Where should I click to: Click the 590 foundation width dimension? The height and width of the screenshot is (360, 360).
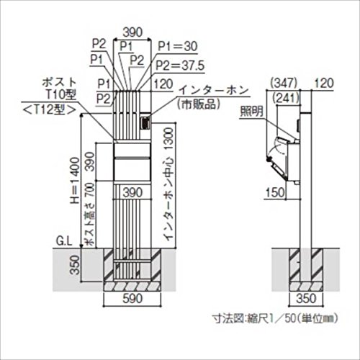132,299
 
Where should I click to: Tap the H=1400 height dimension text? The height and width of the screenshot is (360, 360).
75,181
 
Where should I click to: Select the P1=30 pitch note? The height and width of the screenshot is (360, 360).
178,46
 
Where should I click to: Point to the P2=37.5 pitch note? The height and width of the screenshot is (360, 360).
180,66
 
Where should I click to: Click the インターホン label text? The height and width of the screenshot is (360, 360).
214,91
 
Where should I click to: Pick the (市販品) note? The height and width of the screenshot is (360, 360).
198,104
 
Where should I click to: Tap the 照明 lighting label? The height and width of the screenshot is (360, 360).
252,111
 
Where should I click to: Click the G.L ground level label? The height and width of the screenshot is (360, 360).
64,242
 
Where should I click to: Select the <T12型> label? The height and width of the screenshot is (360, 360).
49,110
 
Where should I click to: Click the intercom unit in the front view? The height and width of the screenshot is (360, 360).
145,122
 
